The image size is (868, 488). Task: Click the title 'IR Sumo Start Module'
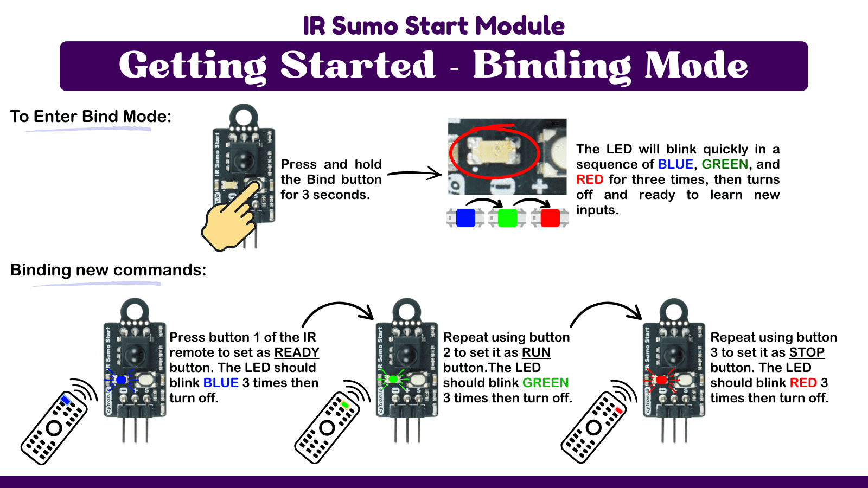tap(433, 25)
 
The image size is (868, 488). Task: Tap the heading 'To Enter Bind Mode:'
tap(91, 117)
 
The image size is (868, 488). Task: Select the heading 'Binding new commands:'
tap(108, 270)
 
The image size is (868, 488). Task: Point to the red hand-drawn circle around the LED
tap(494, 152)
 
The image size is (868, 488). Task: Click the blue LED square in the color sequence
tap(465, 218)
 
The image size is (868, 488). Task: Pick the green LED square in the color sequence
tap(507, 218)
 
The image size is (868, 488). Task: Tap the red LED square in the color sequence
tap(550, 218)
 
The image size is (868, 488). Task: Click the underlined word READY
tap(296, 352)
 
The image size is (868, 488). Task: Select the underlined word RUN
tap(535, 352)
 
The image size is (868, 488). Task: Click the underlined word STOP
tap(806, 352)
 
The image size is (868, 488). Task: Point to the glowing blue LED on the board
tap(121, 380)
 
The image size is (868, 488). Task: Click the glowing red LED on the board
tap(661, 380)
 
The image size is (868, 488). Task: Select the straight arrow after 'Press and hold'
tap(414, 174)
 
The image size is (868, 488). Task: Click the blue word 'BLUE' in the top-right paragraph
tap(675, 164)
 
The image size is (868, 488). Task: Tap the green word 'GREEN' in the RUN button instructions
tap(545, 383)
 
